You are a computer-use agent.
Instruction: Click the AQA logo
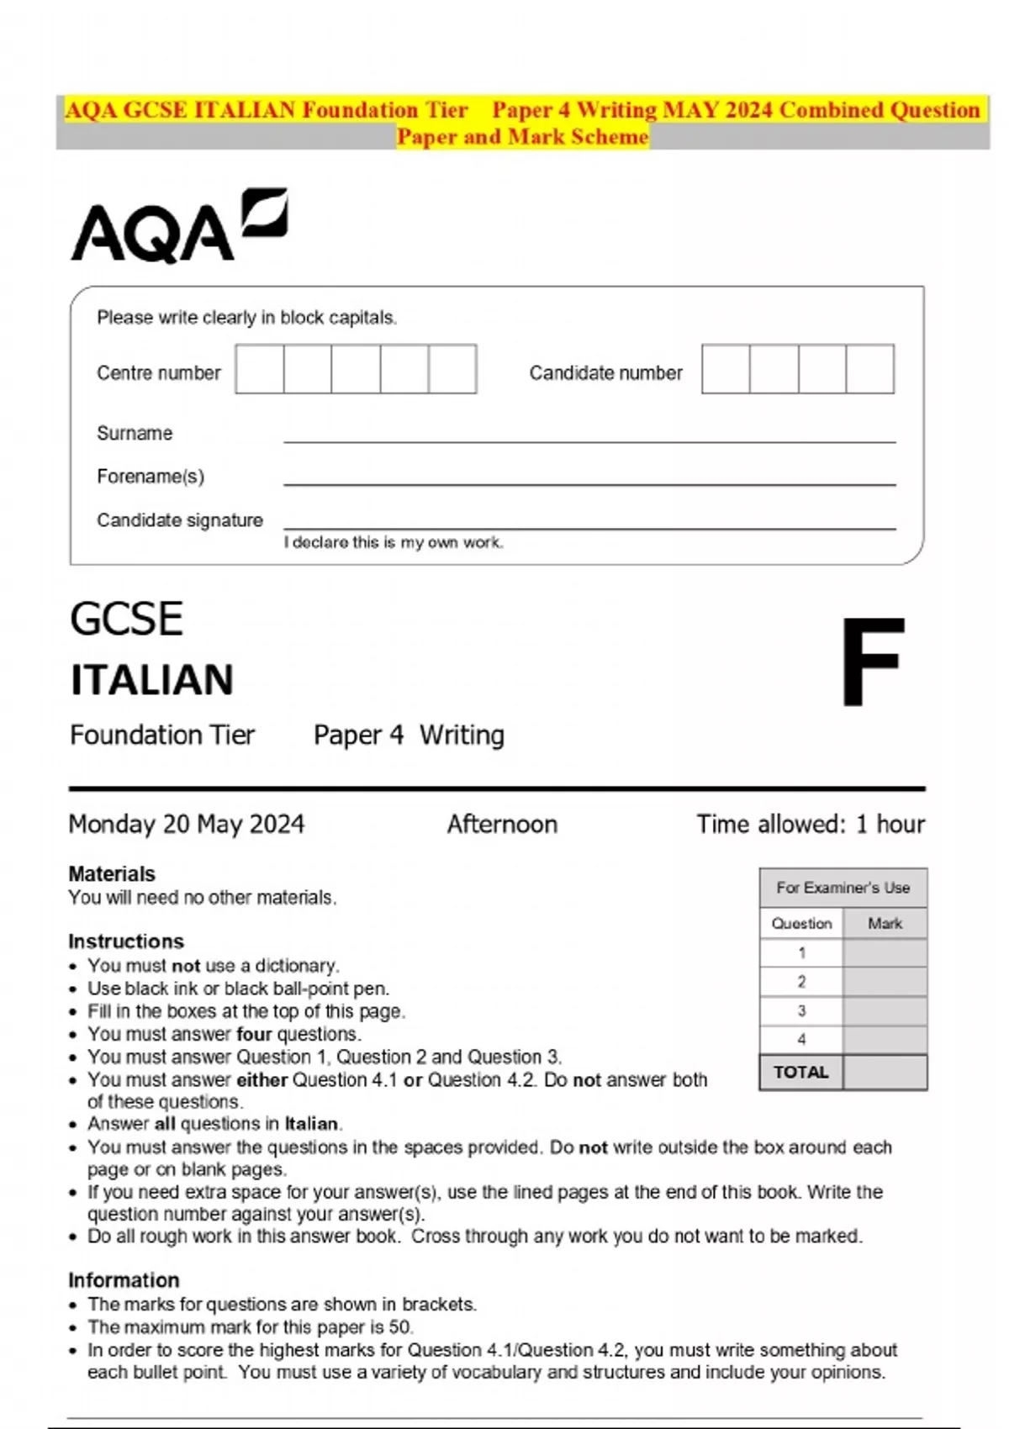(178, 225)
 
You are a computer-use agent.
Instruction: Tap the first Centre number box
(260, 369)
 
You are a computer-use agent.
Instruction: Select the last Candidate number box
(869, 369)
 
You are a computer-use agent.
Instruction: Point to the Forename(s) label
(151, 477)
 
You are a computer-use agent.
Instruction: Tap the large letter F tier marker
(873, 662)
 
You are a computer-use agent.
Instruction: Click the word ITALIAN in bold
(152, 680)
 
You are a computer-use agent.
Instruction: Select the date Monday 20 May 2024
(187, 824)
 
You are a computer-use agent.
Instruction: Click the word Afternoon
(502, 824)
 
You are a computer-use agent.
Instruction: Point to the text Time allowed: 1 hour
(810, 824)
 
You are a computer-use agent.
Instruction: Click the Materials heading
(112, 873)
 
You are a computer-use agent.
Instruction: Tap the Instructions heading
(126, 941)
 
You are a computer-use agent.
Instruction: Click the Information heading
(124, 1280)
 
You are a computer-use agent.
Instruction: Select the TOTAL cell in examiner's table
(800, 1073)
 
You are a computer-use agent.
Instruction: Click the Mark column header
(885, 923)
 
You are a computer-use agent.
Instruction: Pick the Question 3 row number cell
(801, 1010)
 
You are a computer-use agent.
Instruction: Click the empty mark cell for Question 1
(885, 953)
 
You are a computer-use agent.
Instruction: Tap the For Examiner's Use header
(843, 888)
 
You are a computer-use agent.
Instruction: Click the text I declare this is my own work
(394, 543)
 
